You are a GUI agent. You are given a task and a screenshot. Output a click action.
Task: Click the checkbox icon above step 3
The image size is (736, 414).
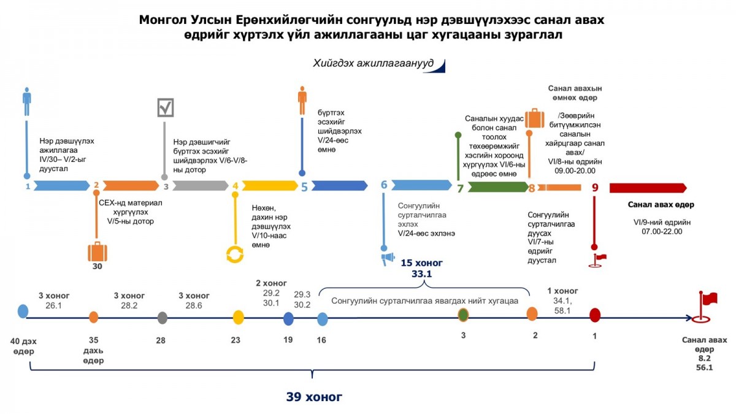click(x=165, y=107)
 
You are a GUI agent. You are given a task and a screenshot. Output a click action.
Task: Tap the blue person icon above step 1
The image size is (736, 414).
click(x=27, y=101)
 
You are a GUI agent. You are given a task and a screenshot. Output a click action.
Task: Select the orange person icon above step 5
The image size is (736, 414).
click(x=302, y=100)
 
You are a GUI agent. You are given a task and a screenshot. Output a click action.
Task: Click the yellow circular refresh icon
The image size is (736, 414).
click(x=235, y=255)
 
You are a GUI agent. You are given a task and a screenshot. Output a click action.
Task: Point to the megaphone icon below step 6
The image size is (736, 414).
click(x=388, y=259)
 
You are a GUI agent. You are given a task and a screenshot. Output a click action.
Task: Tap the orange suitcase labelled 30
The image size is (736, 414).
click(x=98, y=251)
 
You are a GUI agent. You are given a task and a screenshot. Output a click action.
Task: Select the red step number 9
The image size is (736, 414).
click(x=595, y=188)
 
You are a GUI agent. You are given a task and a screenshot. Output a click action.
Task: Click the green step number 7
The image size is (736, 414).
click(x=460, y=188)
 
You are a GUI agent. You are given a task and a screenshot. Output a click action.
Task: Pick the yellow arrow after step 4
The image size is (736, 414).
click(x=270, y=186)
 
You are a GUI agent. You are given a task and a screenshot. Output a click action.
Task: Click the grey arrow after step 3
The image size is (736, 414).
click(x=201, y=186)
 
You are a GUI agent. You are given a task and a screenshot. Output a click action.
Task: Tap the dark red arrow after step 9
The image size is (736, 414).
click(x=648, y=188)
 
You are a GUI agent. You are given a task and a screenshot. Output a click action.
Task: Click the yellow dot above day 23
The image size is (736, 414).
click(x=238, y=318)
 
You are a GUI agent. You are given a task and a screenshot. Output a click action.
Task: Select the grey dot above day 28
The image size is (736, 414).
click(x=163, y=318)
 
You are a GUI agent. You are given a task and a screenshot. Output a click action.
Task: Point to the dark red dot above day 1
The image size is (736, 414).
click(x=595, y=315)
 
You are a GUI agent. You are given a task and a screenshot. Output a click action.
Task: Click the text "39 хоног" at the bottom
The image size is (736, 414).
click(x=314, y=397)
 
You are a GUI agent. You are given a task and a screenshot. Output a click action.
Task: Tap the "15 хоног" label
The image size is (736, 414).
click(x=421, y=263)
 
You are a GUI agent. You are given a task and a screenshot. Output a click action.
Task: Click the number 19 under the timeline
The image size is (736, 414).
click(x=288, y=340)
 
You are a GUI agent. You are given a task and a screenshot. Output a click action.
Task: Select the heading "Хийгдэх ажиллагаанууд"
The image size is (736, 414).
click(x=374, y=63)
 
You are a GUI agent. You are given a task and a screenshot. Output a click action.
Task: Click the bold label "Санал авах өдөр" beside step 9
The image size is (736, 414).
click(x=661, y=205)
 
